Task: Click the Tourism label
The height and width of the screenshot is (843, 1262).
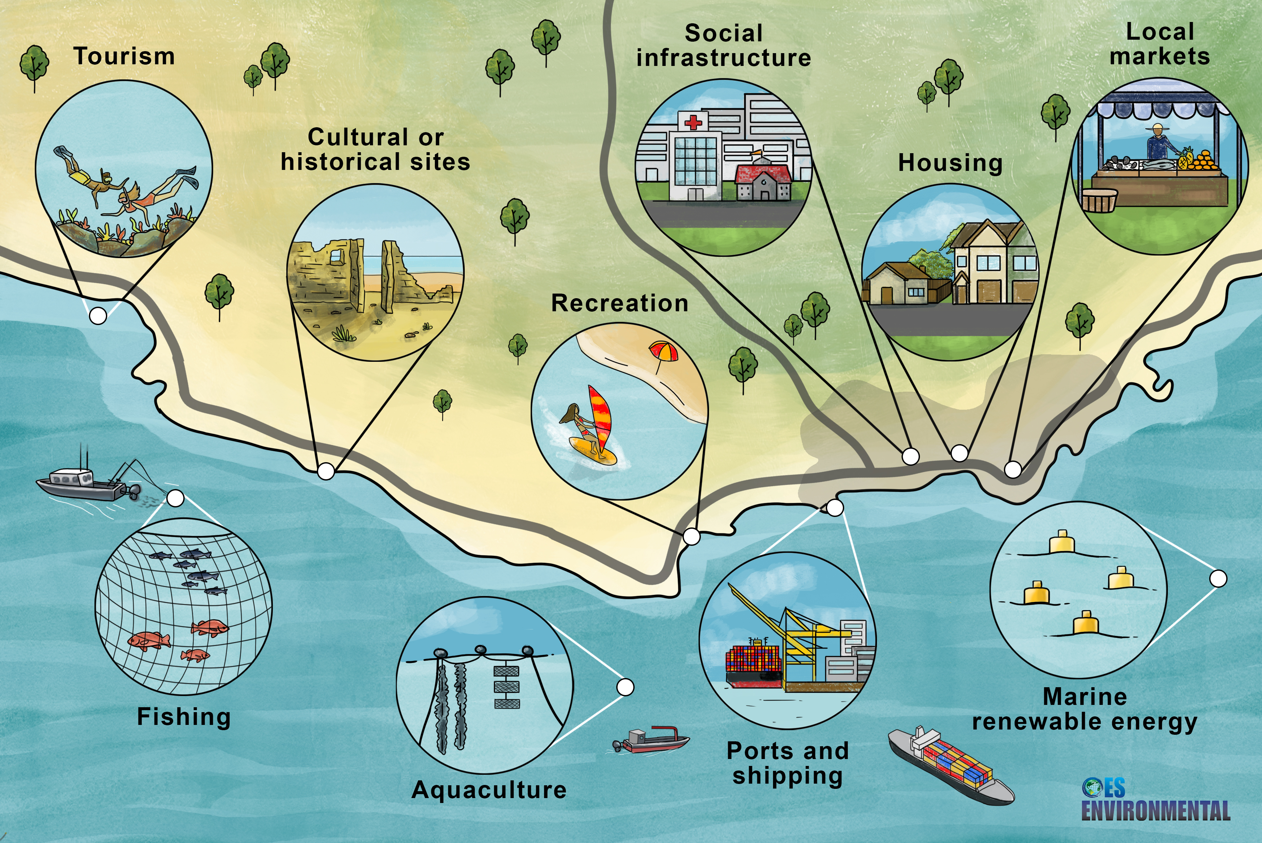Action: tap(124, 56)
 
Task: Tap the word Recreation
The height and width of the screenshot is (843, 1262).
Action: tap(620, 303)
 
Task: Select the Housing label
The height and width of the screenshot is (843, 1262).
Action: tap(950, 163)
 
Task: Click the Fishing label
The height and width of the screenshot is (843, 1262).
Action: tap(184, 717)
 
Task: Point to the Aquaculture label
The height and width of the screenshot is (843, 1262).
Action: tap(489, 790)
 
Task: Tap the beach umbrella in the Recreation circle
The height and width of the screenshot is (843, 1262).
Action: tap(663, 353)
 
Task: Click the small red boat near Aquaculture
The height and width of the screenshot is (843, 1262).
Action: tap(653, 740)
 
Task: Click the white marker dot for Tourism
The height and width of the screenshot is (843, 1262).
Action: tap(98, 316)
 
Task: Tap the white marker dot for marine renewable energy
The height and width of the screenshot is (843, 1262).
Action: tap(1218, 579)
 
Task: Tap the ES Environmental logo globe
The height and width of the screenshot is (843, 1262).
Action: tap(1091, 787)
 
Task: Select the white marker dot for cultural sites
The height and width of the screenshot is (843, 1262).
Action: tap(326, 471)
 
